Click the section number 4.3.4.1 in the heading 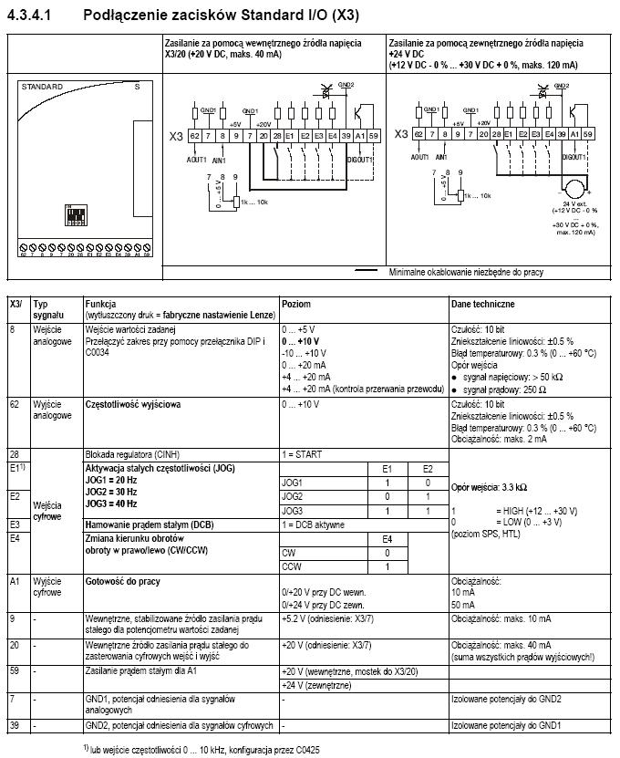click(x=33, y=15)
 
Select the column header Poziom click(x=297, y=304)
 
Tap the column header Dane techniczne click(x=482, y=304)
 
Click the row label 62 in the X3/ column click(x=15, y=402)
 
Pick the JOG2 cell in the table click(x=294, y=496)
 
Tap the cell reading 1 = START click(x=302, y=453)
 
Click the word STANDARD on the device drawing click(x=42, y=87)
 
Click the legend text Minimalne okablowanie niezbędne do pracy click(x=468, y=271)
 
